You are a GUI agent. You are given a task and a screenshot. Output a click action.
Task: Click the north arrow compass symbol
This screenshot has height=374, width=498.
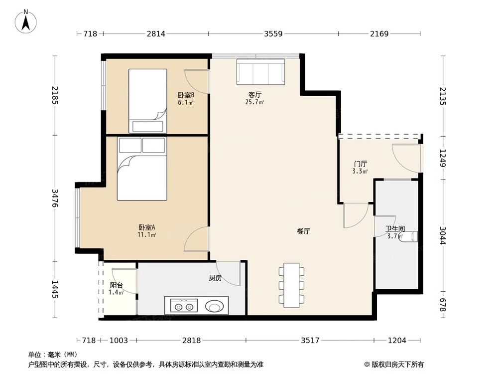pyautogui.click(x=26, y=21)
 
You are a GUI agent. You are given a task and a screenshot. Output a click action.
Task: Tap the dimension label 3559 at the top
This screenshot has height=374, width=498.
pyautogui.click(x=273, y=33)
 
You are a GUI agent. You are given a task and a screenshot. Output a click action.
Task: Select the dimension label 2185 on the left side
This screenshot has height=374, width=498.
pyautogui.click(x=55, y=95)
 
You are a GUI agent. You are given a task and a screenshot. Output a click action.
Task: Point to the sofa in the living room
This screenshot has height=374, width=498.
pyautogui.click(x=260, y=72)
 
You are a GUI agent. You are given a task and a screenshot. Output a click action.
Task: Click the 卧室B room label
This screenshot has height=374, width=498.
pyautogui.click(x=186, y=95)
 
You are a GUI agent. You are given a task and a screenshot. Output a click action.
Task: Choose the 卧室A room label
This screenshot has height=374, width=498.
pyautogui.click(x=147, y=227)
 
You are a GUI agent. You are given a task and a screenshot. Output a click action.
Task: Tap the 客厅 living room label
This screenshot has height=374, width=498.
pyautogui.click(x=254, y=95)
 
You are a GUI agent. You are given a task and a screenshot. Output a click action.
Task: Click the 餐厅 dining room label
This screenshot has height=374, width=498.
pyautogui.click(x=303, y=231)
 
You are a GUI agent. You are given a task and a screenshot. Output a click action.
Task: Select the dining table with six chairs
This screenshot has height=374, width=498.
pyautogui.click(x=291, y=285)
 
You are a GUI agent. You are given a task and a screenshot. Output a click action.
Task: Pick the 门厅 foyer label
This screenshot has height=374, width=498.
pyautogui.click(x=360, y=164)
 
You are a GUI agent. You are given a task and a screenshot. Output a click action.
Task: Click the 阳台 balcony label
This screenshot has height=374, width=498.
pyautogui.click(x=116, y=285)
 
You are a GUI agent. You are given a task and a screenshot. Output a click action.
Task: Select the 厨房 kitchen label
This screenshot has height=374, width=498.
pyautogui.click(x=215, y=278)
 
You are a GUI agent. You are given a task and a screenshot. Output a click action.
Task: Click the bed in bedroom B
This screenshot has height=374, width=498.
pyautogui.click(x=148, y=101)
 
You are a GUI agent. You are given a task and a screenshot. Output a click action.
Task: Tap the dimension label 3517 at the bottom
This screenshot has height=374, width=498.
pyautogui.click(x=310, y=341)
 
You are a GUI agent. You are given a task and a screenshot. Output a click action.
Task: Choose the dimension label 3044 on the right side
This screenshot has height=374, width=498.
pyautogui.click(x=443, y=235)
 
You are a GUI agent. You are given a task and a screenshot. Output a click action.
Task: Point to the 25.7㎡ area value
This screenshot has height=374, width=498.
pyautogui.click(x=254, y=102)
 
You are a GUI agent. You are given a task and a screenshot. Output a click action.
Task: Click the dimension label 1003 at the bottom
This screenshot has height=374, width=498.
pyautogui.click(x=119, y=341)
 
